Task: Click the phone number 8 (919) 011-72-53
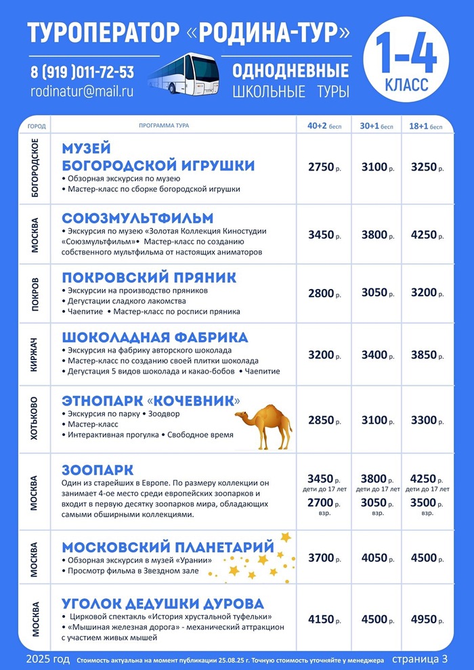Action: [82, 72]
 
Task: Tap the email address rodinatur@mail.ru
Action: [82, 90]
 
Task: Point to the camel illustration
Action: [263, 425]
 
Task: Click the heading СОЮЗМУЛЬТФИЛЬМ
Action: [137, 219]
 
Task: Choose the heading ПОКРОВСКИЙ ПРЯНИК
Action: [149, 277]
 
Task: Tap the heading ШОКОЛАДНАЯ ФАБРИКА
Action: [154, 337]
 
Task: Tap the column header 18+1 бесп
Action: [427, 126]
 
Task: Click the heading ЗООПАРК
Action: [98, 470]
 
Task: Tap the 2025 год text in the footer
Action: [48, 659]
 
